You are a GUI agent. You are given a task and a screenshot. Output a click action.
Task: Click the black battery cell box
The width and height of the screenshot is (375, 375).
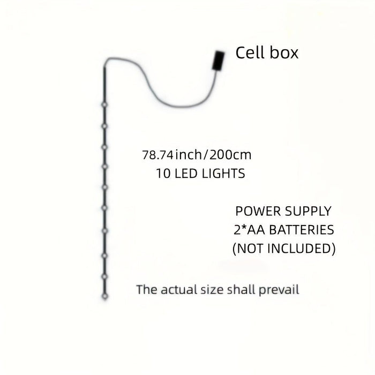coord(219,61)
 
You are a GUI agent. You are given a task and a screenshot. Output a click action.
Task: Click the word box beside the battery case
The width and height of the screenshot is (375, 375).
coord(284,52)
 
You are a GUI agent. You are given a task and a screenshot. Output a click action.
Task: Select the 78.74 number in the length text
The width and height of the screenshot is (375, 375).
coord(157,155)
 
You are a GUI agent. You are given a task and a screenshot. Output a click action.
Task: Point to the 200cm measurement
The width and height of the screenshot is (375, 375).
coord(230,155)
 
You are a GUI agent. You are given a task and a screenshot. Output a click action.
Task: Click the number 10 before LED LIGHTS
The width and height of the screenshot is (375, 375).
coord(163,174)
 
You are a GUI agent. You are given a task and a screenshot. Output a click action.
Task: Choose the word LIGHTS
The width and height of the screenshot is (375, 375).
coord(223,174)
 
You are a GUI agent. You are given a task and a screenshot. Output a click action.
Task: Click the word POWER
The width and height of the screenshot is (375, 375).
coord(256,211)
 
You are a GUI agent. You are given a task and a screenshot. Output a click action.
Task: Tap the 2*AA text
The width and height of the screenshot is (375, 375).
coord(249,230)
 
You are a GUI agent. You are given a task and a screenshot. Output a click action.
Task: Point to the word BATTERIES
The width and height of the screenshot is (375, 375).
coord(302,230)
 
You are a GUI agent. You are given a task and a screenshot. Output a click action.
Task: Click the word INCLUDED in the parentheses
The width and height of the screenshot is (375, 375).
coord(301,249)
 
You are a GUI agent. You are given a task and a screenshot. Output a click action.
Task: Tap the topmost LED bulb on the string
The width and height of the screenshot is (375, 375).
coord(104,105)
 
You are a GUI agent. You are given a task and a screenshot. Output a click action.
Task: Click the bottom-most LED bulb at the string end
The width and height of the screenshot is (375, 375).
coord(105,296)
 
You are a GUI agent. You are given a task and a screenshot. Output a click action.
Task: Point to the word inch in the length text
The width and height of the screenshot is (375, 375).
coord(189,155)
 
